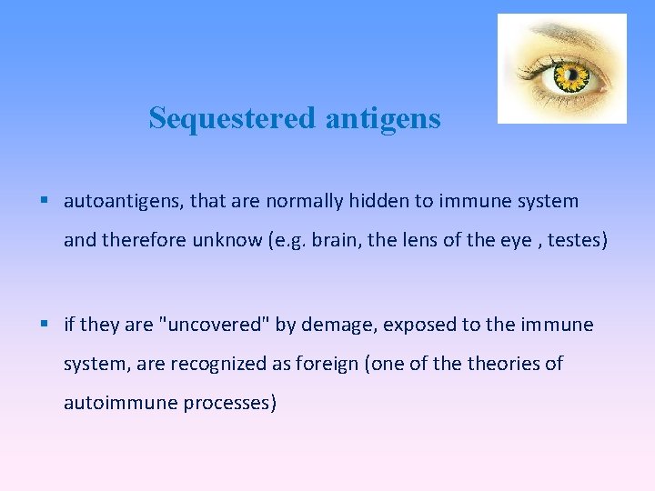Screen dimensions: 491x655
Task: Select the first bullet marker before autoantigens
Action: (x=45, y=200)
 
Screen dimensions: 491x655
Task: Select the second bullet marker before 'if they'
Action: (x=45, y=325)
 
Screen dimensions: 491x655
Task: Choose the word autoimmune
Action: (x=119, y=403)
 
